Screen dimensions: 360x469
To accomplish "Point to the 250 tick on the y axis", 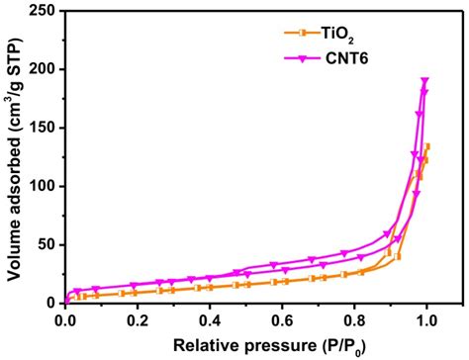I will tap(45, 11).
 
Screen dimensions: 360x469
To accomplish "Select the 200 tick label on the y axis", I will tap(45, 69).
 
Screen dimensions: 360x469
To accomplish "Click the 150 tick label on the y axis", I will tap(45, 128).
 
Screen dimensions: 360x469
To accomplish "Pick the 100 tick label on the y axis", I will tap(45, 186).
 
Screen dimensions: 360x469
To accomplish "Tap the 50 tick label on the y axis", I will tap(48, 244).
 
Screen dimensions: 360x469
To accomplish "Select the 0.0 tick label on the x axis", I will tap(65, 319).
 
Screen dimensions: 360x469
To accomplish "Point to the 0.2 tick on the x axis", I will tap(138, 319).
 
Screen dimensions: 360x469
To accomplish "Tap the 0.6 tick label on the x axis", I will tap(282, 319).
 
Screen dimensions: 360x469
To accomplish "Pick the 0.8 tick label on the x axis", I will tap(354, 319).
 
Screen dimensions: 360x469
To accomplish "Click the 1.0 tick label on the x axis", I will tap(426, 319).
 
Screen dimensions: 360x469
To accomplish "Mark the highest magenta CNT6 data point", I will tap(425, 81).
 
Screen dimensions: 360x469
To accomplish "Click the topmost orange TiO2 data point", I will tap(427, 146).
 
